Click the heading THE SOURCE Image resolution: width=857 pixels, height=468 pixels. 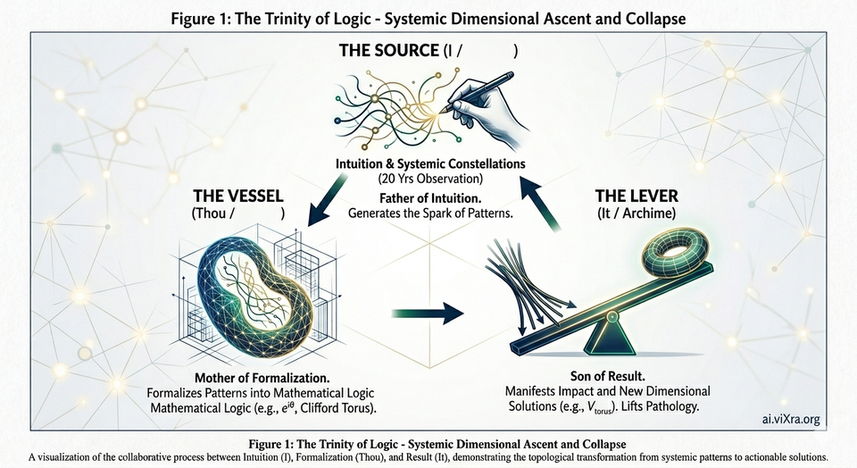click(388, 52)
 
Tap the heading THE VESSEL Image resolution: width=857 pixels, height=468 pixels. click(231, 194)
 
